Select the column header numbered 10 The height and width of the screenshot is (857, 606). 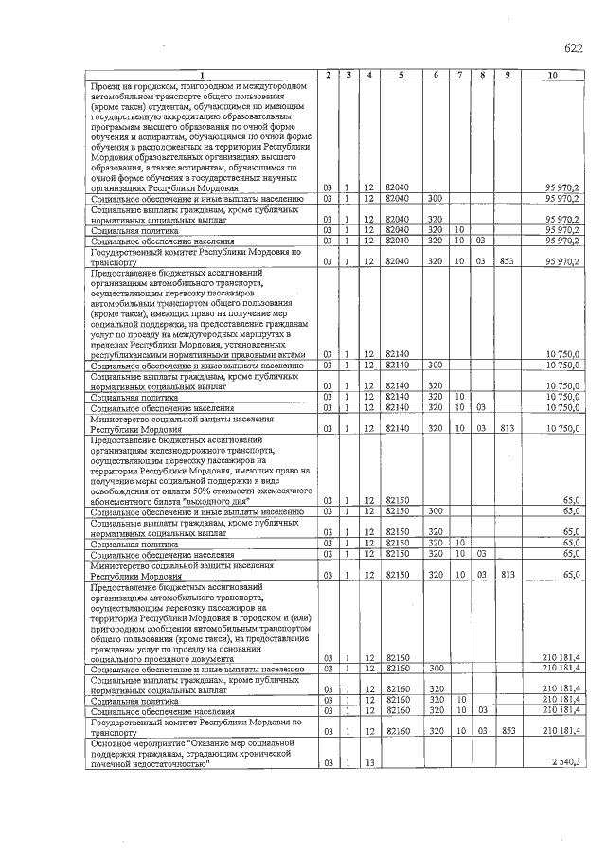tap(552, 74)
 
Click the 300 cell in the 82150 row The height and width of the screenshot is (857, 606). tap(436, 511)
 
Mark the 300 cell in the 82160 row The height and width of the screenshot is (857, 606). tap(436, 669)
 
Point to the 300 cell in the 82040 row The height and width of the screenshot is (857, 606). tap(436, 199)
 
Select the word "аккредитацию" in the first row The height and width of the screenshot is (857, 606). tap(189, 117)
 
